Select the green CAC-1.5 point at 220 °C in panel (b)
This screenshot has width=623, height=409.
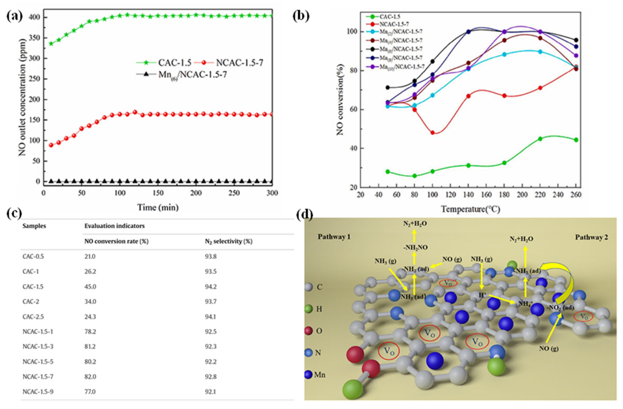pos(540,139)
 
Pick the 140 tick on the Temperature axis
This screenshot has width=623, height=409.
pos(468,195)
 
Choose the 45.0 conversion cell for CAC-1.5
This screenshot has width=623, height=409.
pos(90,287)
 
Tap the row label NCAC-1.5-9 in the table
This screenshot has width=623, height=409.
pos(38,392)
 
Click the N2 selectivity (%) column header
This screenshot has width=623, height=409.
pos(229,241)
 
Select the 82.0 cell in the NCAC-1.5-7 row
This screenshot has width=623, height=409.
pos(90,377)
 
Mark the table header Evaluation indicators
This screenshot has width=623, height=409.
pos(114,226)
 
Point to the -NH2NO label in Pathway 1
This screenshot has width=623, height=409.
pos(415,247)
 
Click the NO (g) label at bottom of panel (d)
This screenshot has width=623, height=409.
pos(549,349)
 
